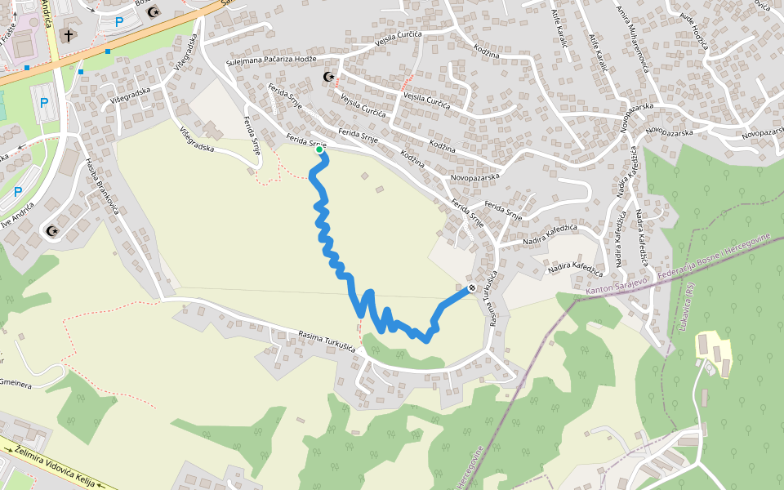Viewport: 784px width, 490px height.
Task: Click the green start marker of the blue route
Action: [319, 149]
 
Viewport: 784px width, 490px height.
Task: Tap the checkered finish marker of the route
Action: [472, 287]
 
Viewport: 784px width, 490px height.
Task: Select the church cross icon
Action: [69, 36]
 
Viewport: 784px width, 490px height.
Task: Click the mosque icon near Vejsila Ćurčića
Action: [329, 77]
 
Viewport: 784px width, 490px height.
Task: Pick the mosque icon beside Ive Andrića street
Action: [53, 231]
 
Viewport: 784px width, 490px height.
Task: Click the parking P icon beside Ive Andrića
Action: [18, 192]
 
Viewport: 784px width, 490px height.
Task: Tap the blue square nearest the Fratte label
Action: [27, 68]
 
